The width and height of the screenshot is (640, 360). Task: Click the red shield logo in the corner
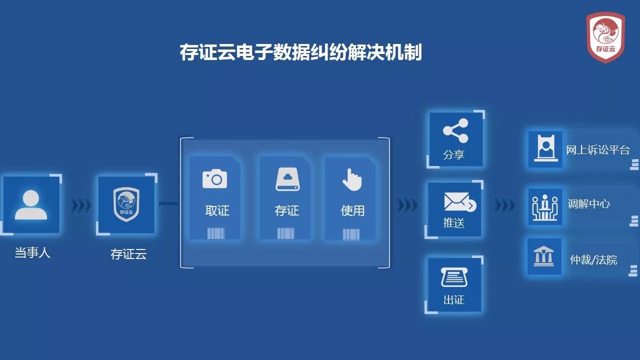coord(605,37)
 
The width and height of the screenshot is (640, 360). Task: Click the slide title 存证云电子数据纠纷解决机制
coord(301,52)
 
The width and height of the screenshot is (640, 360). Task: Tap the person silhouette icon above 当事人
coord(31,205)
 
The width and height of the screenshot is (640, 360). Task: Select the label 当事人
coord(32,253)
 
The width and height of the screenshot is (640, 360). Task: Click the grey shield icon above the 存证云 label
coord(126,204)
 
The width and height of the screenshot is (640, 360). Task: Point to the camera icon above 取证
coord(214,179)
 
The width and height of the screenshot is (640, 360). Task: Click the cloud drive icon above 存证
coord(287,179)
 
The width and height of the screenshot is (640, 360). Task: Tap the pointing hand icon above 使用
coord(352,179)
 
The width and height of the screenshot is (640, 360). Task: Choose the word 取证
coord(217,211)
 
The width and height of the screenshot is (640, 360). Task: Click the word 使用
coord(352,211)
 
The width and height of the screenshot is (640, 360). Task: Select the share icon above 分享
coord(455,130)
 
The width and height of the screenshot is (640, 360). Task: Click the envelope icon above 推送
coord(460,202)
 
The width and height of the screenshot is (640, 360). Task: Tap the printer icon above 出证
coord(454,277)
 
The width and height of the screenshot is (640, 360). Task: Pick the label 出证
coord(454,299)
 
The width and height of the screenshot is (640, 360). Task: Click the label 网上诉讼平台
coord(597,150)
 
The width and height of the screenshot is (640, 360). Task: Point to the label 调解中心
coord(588,204)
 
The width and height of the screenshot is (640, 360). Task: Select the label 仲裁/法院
coord(593,260)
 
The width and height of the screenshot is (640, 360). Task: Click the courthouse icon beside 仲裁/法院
coord(543,256)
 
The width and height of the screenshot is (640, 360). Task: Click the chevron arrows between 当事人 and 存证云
coord(81,205)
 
